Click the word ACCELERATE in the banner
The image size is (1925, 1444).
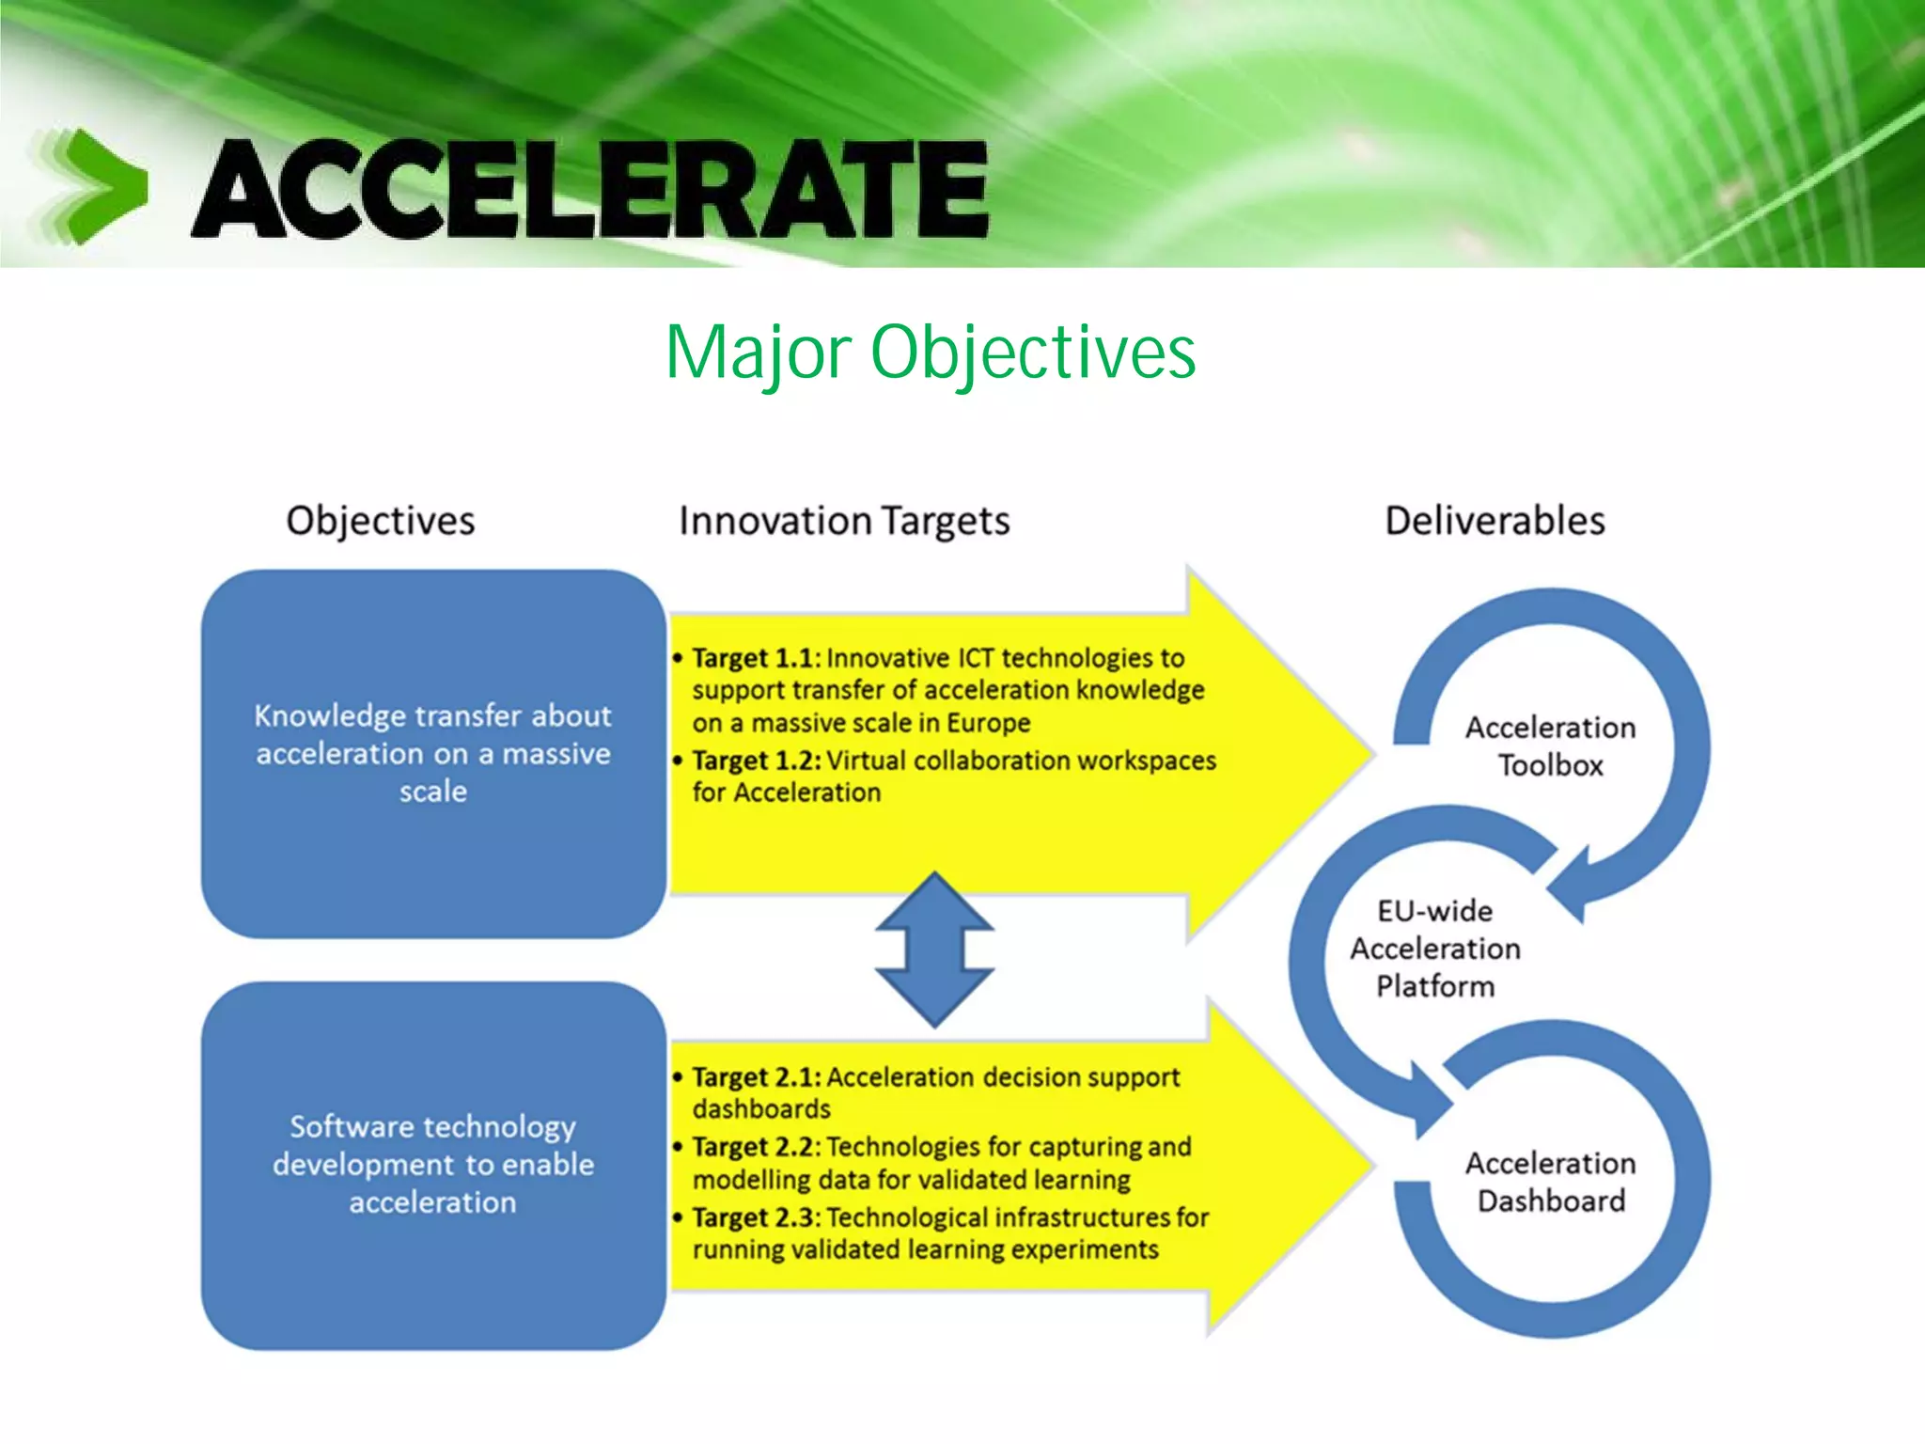pyautogui.click(x=590, y=188)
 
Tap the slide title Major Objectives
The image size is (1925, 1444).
pyautogui.click(x=930, y=352)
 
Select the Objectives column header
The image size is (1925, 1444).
pyautogui.click(x=381, y=521)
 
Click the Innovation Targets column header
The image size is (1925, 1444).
pyautogui.click(x=844, y=521)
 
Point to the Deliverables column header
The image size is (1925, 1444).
pyautogui.click(x=1495, y=521)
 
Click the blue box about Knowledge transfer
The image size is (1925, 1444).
pyautogui.click(x=433, y=753)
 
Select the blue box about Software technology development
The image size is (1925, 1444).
pyautogui.click(x=433, y=1165)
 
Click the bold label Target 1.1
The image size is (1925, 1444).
pyautogui.click(x=756, y=658)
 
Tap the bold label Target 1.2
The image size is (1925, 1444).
pyautogui.click(x=756, y=761)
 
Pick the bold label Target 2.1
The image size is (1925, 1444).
pyautogui.click(x=756, y=1077)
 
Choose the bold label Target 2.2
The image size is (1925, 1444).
pyautogui.click(x=756, y=1148)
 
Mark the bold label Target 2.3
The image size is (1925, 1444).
pyautogui.click(x=756, y=1218)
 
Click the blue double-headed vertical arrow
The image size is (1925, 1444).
pyautogui.click(x=934, y=950)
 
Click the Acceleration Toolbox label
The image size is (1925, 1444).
pyautogui.click(x=1550, y=746)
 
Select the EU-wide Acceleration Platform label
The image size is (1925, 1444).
pyautogui.click(x=1435, y=949)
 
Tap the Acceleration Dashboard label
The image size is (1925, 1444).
pyautogui.click(x=1550, y=1182)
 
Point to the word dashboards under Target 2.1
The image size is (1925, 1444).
pyautogui.click(x=761, y=1109)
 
